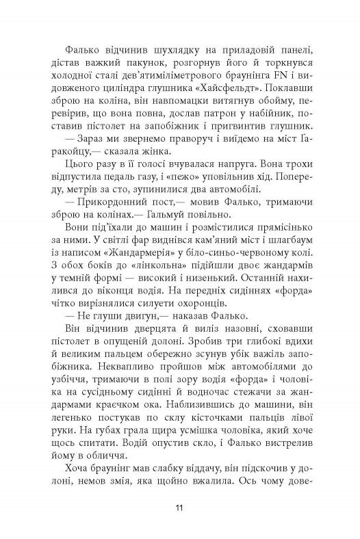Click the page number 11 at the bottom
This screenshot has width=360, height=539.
pyautogui.click(x=179, y=507)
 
